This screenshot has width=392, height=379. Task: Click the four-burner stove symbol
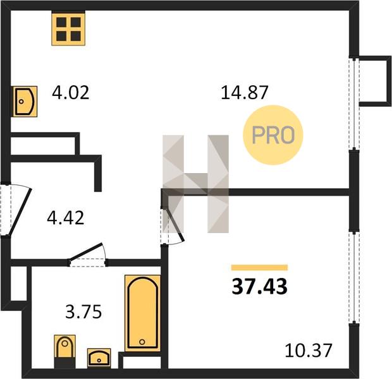tap(68, 29)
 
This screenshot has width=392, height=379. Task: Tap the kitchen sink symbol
tap(25, 102)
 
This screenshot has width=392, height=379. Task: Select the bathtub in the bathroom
tap(142, 313)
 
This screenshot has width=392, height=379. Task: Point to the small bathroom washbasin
tap(99, 358)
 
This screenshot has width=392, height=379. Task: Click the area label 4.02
tap(71, 92)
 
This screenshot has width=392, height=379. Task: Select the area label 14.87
tap(245, 92)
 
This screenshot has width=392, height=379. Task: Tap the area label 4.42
tap(66, 217)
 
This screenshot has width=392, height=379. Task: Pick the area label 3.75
tap(83, 311)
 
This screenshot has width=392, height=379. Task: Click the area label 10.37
tap(309, 351)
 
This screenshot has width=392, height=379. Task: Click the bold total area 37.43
tap(259, 287)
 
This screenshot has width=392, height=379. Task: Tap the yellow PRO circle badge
tap(273, 135)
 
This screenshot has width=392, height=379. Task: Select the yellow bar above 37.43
tap(259, 268)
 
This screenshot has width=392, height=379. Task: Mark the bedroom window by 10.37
tap(354, 278)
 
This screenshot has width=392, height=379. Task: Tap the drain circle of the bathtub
tap(142, 342)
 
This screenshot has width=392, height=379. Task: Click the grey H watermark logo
tap(195, 184)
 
